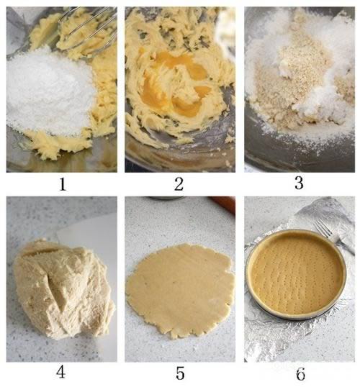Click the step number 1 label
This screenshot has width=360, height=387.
pos(63,184)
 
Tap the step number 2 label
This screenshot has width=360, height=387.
pos(179,184)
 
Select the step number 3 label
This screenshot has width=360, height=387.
pos(299,183)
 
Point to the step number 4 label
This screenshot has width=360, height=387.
pos(60,373)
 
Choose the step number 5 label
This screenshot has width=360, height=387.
pos(180,373)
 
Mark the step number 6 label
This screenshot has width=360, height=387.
pos(300,373)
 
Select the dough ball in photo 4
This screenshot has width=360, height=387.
pos(64,288)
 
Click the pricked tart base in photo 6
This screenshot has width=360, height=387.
pos(297,274)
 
